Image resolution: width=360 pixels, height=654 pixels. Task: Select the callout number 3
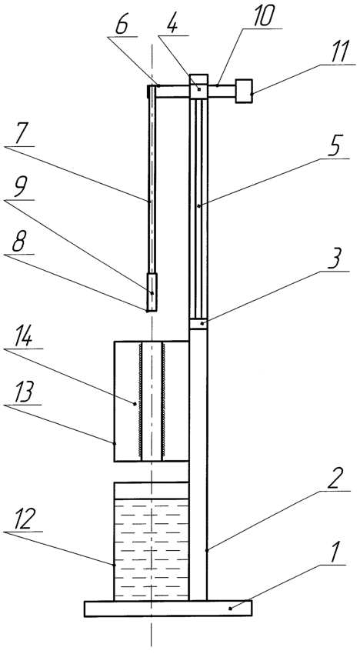[x=335, y=256]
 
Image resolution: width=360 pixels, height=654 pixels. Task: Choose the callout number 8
[x=18, y=242]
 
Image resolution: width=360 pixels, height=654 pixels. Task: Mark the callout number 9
[x=18, y=187]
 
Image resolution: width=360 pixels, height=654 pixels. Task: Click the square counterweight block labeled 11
[x=244, y=91]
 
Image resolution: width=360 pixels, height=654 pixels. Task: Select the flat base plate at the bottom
[x=168, y=609]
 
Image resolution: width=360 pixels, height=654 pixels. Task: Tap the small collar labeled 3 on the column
[x=198, y=325]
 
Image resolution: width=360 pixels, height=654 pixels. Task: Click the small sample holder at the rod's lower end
[x=152, y=292]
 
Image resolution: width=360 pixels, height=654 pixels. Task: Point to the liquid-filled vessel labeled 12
[x=152, y=542]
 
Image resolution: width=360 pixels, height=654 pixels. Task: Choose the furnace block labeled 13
[x=125, y=401]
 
